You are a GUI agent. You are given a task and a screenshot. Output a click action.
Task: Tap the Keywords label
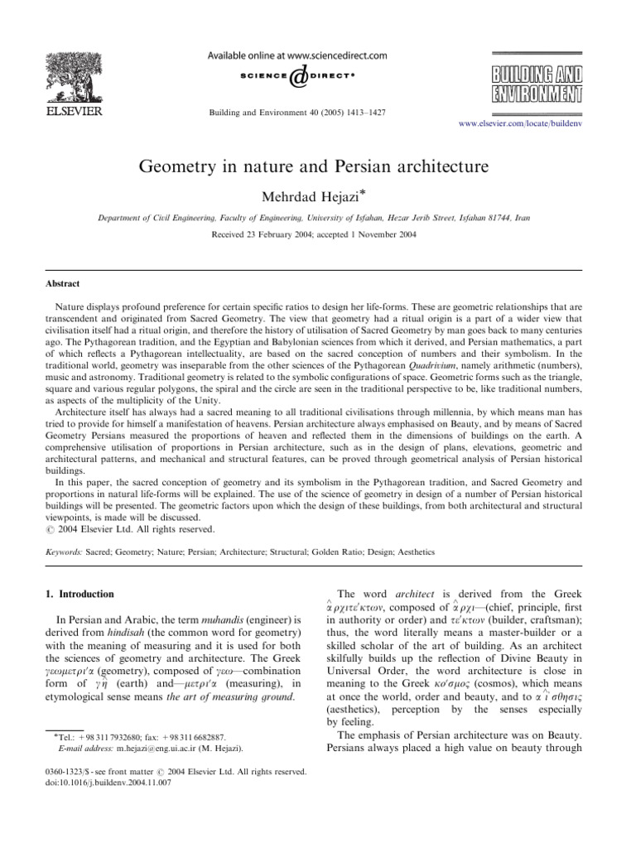click(x=64, y=550)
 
